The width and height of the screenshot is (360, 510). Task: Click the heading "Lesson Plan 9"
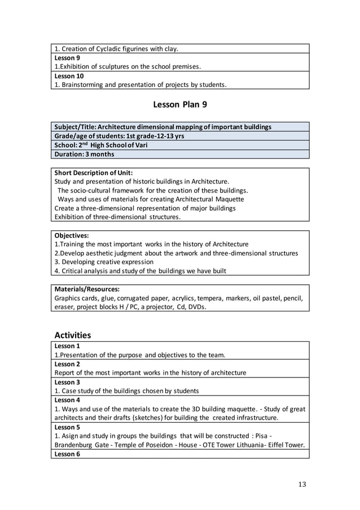[x=180, y=105]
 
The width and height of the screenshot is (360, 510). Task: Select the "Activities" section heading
[x=72, y=335]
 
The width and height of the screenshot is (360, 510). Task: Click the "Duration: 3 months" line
[x=84, y=154]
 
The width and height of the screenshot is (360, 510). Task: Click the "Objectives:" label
[x=72, y=235]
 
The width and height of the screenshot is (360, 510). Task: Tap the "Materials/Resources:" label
[x=87, y=289]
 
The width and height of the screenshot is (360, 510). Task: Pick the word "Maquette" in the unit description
[x=229, y=199]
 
